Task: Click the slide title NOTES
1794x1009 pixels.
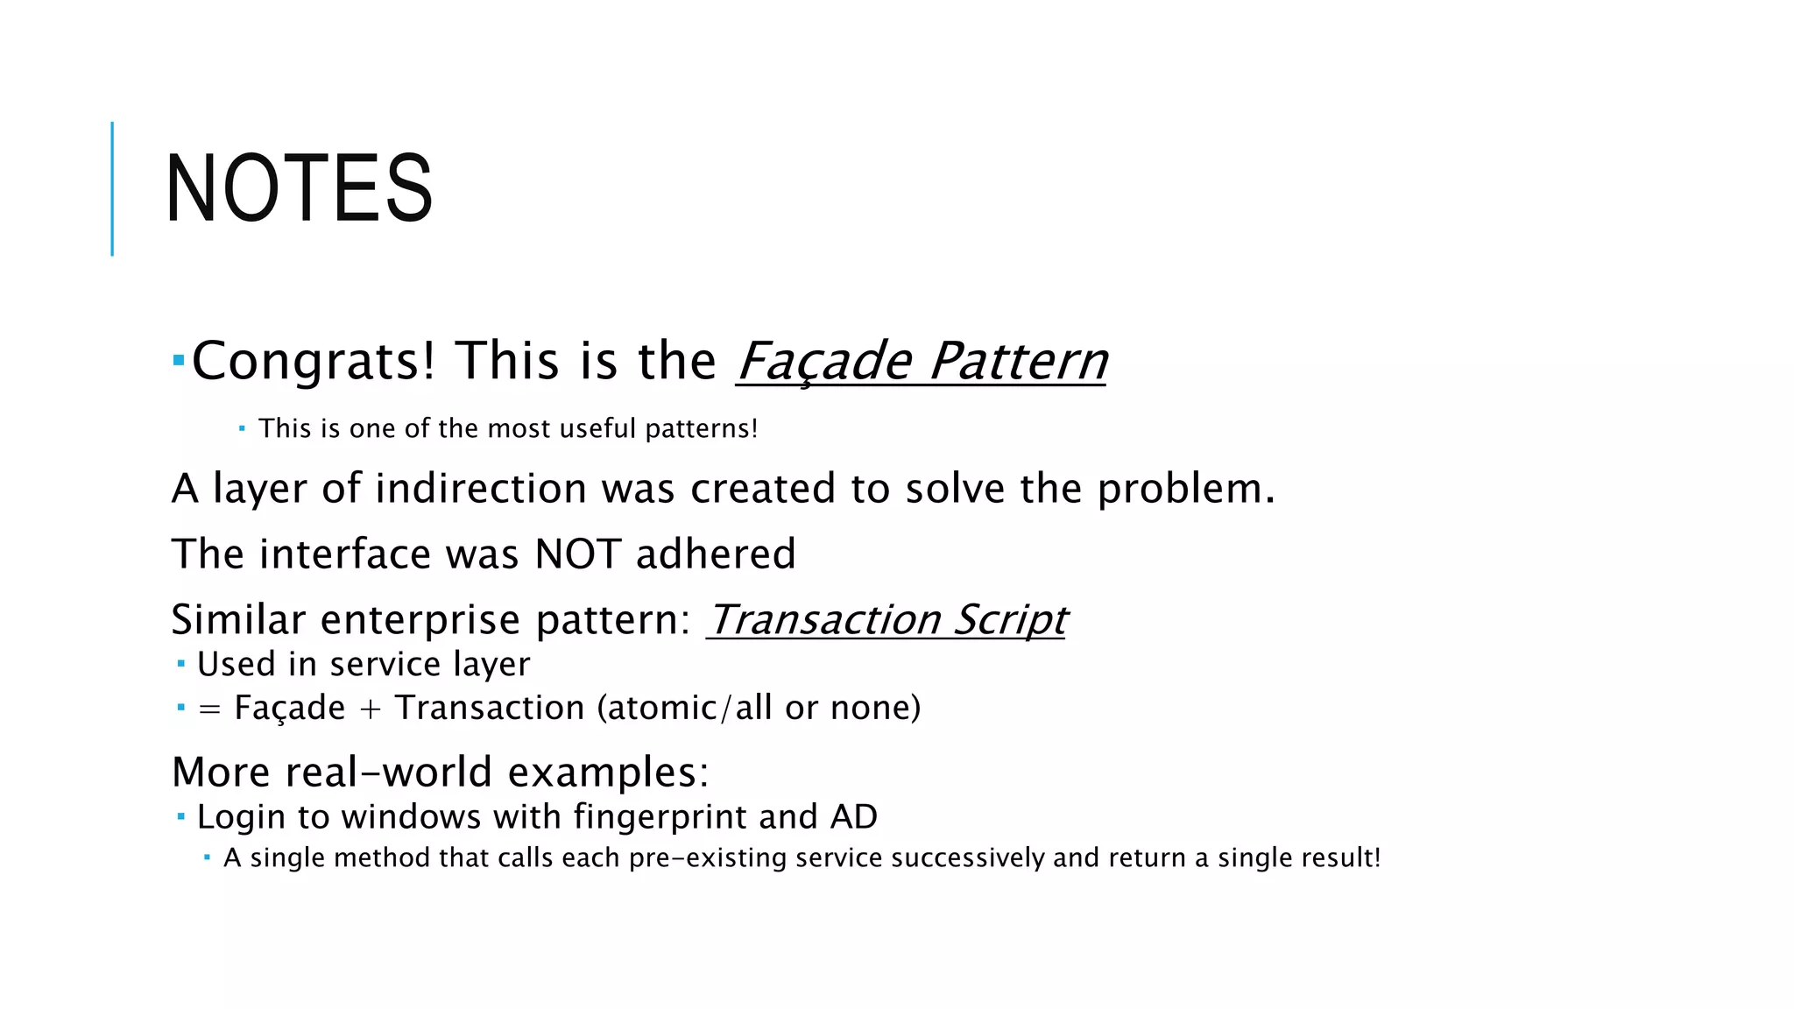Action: coord(299,188)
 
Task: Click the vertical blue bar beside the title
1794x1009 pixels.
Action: coord(112,188)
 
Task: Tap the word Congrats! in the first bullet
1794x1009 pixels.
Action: coord(313,361)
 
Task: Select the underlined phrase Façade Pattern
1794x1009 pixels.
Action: coord(922,361)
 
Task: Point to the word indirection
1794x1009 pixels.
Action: coord(480,489)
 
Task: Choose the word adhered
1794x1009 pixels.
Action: coord(716,554)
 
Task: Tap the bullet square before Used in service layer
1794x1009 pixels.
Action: coord(181,665)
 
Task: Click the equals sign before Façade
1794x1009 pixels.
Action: coord(209,709)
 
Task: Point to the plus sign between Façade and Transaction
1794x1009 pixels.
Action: coord(370,709)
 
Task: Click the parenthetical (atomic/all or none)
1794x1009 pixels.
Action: coord(759,708)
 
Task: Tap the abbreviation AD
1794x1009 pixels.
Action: coord(853,817)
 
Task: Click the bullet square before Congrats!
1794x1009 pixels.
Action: coord(179,360)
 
